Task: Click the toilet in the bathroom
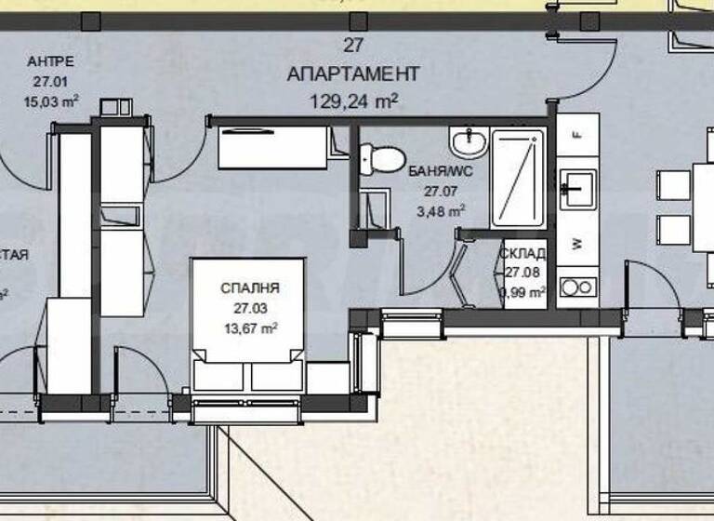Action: click(x=382, y=157)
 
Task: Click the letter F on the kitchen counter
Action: click(x=576, y=134)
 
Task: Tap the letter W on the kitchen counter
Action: click(x=577, y=244)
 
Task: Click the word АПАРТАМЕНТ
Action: click(x=353, y=73)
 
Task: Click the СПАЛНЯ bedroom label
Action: click(x=250, y=288)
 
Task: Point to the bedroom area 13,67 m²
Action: click(x=250, y=327)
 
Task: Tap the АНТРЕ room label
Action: click(x=51, y=62)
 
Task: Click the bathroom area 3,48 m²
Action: click(x=443, y=210)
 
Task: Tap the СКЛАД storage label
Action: click(x=522, y=253)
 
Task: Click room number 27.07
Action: click(x=443, y=191)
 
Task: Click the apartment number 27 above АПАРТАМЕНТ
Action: click(x=352, y=44)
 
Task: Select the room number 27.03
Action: click(x=250, y=308)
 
